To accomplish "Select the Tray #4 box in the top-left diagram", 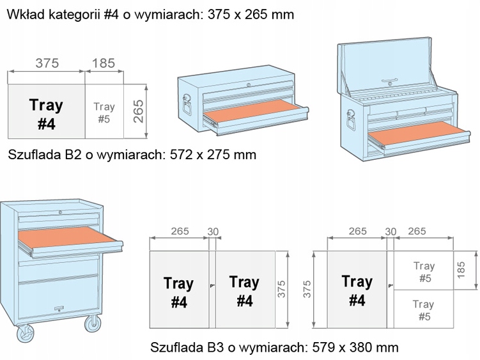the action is click(x=46, y=113).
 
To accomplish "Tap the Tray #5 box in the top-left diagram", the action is click(x=104, y=113).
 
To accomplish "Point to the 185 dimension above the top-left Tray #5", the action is click(x=104, y=63).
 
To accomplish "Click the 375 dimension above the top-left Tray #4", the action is click(x=47, y=63).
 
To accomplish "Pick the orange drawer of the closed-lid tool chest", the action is click(x=249, y=113).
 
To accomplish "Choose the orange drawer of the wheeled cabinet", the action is click(x=64, y=239).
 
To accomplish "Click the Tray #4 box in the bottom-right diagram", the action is click(x=357, y=290).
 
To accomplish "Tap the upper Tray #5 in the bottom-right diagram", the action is click(x=423, y=271).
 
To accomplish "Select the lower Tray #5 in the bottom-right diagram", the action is click(x=423, y=309).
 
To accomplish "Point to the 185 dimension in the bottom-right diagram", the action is click(x=463, y=270).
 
